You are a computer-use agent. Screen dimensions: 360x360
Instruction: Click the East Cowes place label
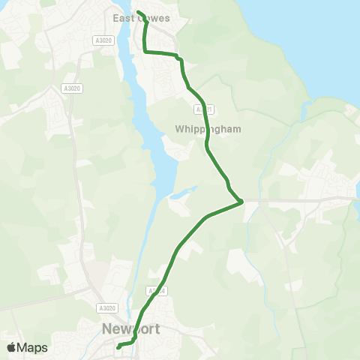point(141,18)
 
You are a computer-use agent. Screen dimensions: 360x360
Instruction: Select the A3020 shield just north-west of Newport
point(107,307)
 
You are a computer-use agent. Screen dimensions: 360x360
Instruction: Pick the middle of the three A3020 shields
point(72,88)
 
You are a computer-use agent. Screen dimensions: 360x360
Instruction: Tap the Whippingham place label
point(208,129)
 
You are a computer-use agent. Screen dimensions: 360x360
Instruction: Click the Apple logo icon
point(11,347)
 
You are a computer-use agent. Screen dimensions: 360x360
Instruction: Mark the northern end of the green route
point(139,12)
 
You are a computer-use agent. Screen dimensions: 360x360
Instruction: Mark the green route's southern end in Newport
point(118,346)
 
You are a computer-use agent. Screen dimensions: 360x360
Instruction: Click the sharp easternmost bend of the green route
point(241,201)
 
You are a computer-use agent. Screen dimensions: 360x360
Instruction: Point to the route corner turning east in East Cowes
point(145,52)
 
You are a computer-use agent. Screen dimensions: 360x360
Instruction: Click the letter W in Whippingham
point(178,129)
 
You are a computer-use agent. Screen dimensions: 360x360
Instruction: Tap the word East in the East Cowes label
point(122,18)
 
